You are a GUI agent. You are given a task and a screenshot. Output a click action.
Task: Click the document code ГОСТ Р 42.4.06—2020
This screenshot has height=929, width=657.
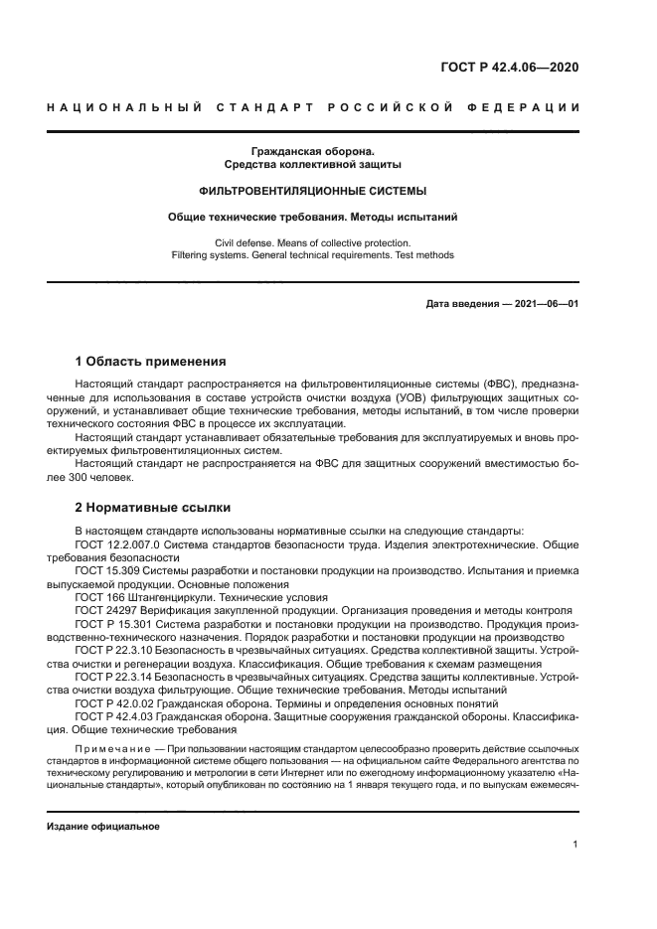point(510,69)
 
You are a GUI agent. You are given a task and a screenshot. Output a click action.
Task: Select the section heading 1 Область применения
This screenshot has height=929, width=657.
point(150,361)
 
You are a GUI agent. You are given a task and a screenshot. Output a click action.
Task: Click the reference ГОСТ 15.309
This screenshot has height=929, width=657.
point(107,571)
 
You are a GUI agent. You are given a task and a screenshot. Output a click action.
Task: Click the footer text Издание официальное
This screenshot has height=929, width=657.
point(103,826)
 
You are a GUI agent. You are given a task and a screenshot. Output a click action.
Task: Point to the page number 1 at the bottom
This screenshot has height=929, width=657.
point(575,845)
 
